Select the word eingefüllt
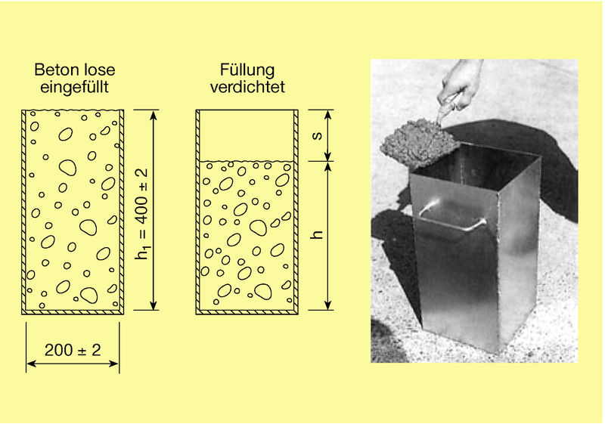(x=74, y=87)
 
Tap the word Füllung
(x=247, y=70)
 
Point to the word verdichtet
(x=247, y=86)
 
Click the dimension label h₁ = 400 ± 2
(x=141, y=214)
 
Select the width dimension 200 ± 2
(x=73, y=350)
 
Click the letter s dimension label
(x=317, y=135)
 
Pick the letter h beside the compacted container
(x=317, y=234)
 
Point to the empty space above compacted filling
(x=247, y=135)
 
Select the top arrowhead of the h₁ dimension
(x=154, y=115)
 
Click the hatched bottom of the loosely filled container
(x=73, y=312)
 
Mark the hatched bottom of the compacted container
(x=247, y=312)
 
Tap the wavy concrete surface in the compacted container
(x=247, y=161)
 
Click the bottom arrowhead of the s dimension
(x=328, y=156)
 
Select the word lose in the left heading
(x=103, y=70)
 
